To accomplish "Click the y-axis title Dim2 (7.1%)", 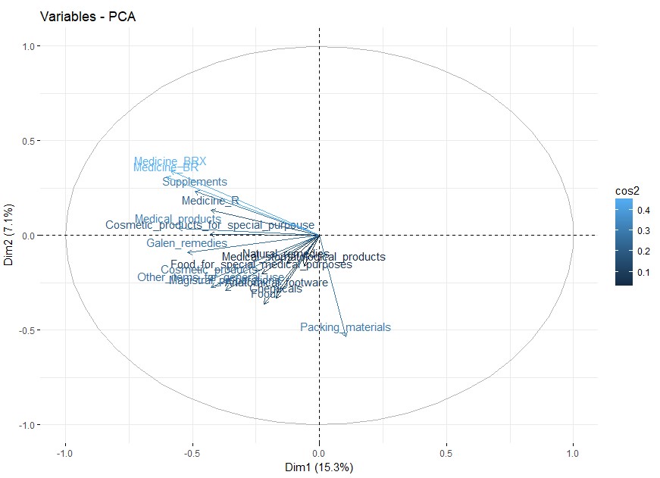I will [x=9, y=235].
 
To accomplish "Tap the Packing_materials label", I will [x=346, y=327].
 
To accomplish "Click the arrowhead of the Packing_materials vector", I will [x=346, y=335].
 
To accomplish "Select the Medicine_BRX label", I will [x=170, y=161].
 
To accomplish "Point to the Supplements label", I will [x=195, y=182].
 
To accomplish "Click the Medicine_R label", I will [x=210, y=201].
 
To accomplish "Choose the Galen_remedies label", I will [x=186, y=243].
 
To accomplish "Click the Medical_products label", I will [x=178, y=219].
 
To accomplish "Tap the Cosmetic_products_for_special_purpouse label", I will [x=209, y=225].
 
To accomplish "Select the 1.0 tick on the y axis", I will [x=30, y=46].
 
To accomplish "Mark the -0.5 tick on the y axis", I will [x=28, y=330].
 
